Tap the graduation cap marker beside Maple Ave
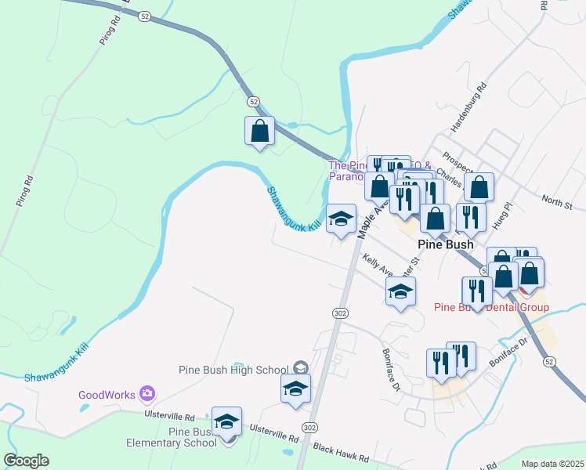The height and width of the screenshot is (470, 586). click(341, 219)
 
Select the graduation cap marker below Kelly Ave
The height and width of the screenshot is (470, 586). click(400, 293)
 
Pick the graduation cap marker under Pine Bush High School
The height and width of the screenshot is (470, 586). click(295, 389)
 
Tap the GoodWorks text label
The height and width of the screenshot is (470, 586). click(107, 395)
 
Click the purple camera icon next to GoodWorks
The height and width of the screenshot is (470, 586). click(146, 393)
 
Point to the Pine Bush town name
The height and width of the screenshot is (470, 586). click(445, 244)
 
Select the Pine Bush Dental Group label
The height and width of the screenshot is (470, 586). click(491, 308)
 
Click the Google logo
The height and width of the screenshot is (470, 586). click(26, 461)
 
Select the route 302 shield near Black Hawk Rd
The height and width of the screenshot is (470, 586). click(310, 428)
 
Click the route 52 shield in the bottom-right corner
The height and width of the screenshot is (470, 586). click(548, 361)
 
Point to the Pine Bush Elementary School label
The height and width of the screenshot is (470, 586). click(172, 437)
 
